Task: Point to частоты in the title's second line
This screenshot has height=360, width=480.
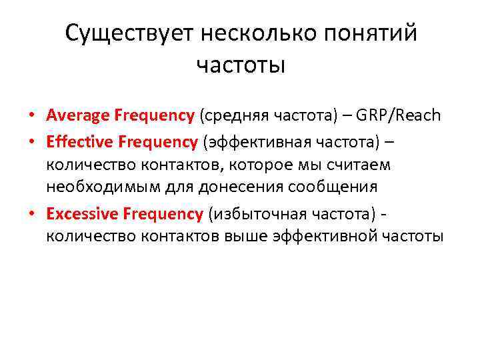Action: tap(241, 66)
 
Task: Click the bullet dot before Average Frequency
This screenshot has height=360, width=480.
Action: tap(31, 116)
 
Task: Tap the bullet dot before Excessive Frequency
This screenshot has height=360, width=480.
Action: tap(31, 214)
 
